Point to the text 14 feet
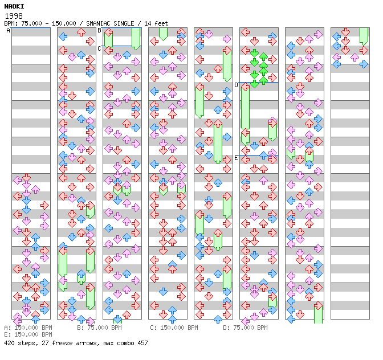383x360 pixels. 156,23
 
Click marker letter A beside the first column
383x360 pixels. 9,31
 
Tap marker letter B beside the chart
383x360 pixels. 100,30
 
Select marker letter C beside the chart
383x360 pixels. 100,48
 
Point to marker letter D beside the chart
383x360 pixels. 237,85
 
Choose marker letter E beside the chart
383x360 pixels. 237,158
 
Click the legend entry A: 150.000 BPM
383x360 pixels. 28,328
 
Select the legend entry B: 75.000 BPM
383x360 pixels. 99,328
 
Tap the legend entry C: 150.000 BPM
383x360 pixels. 174,328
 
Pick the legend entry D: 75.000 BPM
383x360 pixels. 245,328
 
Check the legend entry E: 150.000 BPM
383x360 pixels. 28,335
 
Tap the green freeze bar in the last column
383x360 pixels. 364,35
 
